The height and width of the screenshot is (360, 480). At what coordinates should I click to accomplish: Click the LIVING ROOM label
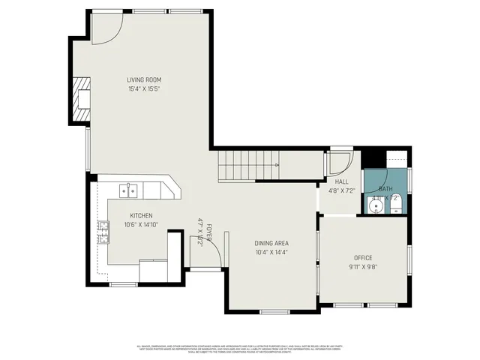pos(143,79)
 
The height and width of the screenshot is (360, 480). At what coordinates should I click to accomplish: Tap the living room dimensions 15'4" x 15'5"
pos(143,88)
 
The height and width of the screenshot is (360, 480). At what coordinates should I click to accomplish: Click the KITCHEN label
pos(141,215)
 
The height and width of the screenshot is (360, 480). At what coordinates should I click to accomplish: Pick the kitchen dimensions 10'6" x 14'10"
pos(141,224)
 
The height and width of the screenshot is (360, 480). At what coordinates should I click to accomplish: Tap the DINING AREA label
pos(271,243)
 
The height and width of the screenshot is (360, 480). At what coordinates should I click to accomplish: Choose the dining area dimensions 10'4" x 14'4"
pos(271,252)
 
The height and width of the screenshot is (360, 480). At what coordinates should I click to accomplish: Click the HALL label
pos(341,181)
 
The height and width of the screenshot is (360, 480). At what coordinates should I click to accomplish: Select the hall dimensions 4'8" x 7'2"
pos(341,190)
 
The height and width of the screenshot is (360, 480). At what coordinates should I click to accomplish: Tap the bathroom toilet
pos(397,202)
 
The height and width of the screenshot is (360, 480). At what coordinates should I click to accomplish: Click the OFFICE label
pos(363,258)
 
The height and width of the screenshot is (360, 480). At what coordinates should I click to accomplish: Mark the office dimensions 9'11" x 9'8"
pos(363,267)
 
